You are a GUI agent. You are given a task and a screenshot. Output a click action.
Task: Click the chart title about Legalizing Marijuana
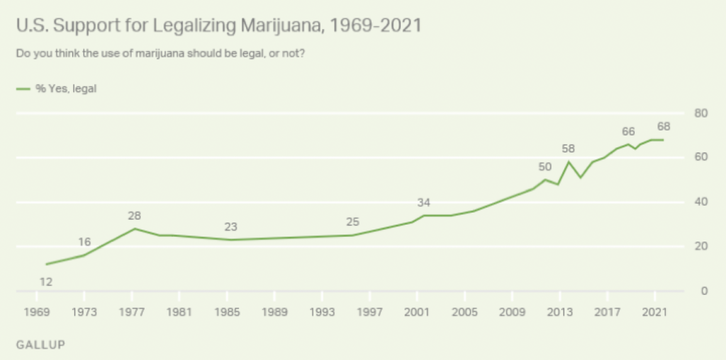[x=219, y=26]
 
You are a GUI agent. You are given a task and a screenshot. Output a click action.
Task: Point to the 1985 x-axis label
[x=227, y=313]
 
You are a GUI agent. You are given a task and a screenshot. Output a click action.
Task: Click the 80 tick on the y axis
[x=701, y=113]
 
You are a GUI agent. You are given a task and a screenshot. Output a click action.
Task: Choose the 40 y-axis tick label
[x=701, y=202]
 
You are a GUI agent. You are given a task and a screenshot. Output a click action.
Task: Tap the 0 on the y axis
[x=704, y=291]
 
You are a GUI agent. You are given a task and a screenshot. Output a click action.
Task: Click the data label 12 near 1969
[x=47, y=281]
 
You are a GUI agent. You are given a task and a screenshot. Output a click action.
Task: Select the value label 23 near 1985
[x=230, y=227]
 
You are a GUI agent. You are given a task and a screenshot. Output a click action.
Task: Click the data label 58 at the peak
[x=568, y=148]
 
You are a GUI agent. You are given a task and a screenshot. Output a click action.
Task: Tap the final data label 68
[x=663, y=127]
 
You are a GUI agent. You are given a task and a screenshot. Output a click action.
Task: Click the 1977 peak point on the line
[x=134, y=229]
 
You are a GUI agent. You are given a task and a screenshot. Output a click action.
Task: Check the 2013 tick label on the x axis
[x=560, y=313]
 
